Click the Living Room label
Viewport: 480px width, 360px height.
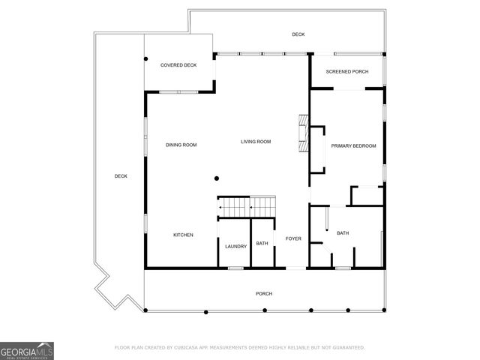(x=255, y=142)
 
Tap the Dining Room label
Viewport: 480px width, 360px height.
(x=181, y=145)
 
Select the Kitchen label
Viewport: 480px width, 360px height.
(x=183, y=235)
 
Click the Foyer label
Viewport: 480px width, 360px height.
(x=292, y=238)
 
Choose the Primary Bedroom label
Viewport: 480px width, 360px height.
(x=353, y=145)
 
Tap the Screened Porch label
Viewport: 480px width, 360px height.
(x=346, y=72)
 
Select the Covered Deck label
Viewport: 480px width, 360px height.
(x=178, y=65)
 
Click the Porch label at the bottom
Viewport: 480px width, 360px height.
(x=263, y=293)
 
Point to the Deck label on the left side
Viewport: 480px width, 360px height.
(x=121, y=176)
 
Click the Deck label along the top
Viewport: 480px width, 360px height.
(x=298, y=34)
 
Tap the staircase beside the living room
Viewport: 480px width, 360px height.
(x=247, y=205)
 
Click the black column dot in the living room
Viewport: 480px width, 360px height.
(x=216, y=178)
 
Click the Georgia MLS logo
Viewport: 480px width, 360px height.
(x=27, y=351)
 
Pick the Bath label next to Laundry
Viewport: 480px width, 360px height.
(x=262, y=243)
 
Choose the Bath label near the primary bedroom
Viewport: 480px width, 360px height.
(x=342, y=233)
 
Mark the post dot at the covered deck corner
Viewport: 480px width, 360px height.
(x=145, y=58)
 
